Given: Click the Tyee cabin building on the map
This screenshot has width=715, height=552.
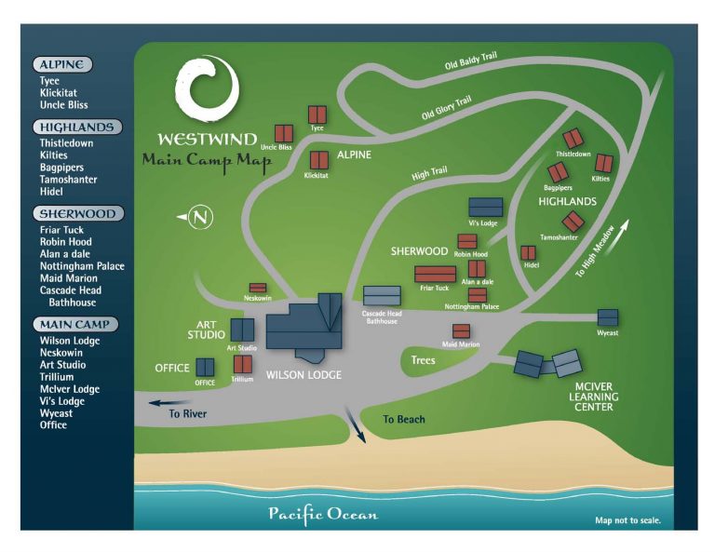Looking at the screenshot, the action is click(x=317, y=114).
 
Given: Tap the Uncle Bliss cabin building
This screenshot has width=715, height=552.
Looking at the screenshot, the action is click(x=284, y=134).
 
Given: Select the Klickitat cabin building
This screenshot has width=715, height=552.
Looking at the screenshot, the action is click(x=319, y=160).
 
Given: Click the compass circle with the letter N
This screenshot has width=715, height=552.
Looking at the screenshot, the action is click(x=200, y=217).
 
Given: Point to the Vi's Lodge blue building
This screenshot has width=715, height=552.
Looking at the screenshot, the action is click(x=486, y=208).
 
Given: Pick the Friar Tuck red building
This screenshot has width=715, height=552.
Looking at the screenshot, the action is click(x=435, y=275).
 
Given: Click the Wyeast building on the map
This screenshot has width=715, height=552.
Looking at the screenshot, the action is click(x=608, y=317).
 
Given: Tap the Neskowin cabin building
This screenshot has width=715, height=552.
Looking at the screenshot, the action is click(x=258, y=288).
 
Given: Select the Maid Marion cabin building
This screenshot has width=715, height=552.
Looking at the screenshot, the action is click(x=461, y=331).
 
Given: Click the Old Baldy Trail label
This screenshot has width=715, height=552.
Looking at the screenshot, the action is click(x=470, y=61).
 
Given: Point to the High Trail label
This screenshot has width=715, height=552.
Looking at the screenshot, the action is click(x=429, y=173).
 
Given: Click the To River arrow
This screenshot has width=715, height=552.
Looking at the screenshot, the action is click(x=169, y=403).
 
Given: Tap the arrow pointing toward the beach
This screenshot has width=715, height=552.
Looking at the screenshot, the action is click(x=356, y=424).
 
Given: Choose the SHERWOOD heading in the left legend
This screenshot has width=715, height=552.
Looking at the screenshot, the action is click(x=78, y=213).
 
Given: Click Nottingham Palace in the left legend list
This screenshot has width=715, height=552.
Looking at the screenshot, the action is click(x=82, y=266).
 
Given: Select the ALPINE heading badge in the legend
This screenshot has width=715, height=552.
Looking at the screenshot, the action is click(x=62, y=64).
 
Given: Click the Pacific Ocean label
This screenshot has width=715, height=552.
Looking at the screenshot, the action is click(x=323, y=515).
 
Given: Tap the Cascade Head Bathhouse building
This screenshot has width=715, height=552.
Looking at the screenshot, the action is click(x=382, y=296).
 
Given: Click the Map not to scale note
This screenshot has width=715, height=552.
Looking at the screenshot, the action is click(x=627, y=520).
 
